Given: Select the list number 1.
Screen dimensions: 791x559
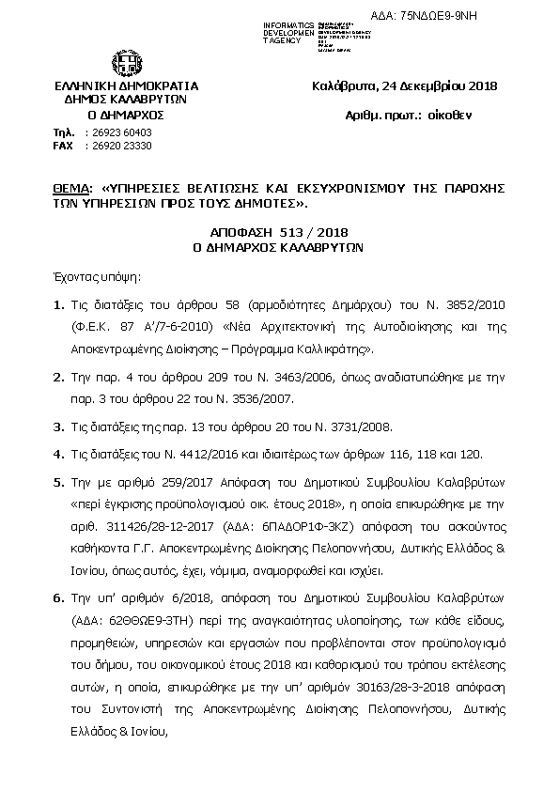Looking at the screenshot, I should tap(58, 305).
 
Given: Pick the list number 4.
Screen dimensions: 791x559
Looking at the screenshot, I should tap(58, 454).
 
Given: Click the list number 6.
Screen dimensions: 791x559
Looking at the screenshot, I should tap(58, 597).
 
